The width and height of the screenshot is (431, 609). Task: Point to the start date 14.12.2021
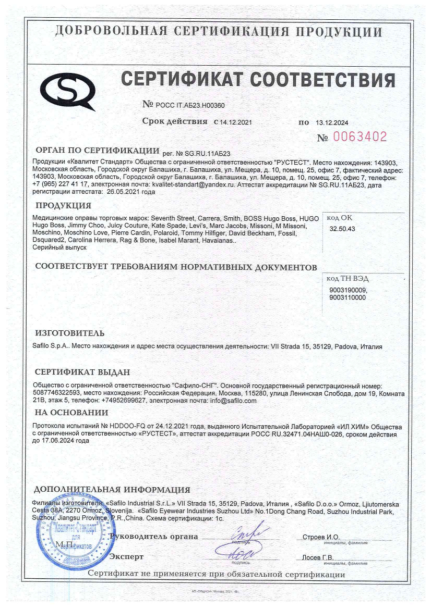[x=236, y=122]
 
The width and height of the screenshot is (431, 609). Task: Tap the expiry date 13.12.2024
[x=332, y=122]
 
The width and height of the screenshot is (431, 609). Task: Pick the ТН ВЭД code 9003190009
[x=348, y=290]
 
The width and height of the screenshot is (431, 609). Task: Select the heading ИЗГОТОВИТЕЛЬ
[x=69, y=333]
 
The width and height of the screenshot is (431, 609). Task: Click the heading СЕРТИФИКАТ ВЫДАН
[x=82, y=372]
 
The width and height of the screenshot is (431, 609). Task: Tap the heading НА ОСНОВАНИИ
[x=71, y=413]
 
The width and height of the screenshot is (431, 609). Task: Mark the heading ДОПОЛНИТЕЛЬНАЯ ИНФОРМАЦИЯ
[x=112, y=490]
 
